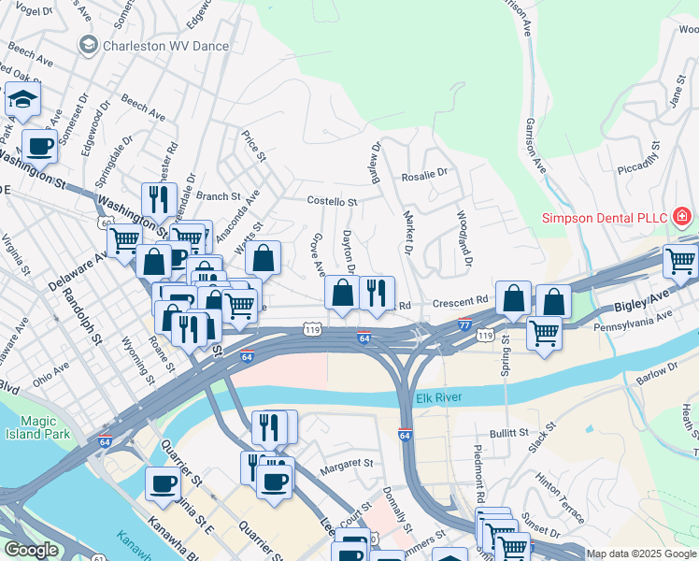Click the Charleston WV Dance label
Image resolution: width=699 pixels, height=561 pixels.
tap(166, 44)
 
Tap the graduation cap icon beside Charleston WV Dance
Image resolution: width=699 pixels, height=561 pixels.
tap(89, 44)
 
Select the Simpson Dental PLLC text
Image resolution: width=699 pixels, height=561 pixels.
tap(605, 218)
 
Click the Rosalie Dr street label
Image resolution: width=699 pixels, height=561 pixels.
tap(424, 173)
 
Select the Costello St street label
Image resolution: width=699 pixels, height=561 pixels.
tap(333, 201)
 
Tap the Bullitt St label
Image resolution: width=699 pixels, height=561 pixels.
tap(510, 435)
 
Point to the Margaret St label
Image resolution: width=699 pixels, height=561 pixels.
tap(347, 463)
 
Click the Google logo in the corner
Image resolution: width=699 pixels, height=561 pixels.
tap(32, 550)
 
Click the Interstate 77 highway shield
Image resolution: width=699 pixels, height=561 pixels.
tap(464, 324)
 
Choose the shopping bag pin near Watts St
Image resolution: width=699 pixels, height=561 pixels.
tap(264, 259)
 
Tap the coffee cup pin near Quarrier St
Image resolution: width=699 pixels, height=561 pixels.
tap(163, 483)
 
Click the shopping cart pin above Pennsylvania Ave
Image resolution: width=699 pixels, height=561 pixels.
tap(543, 332)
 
